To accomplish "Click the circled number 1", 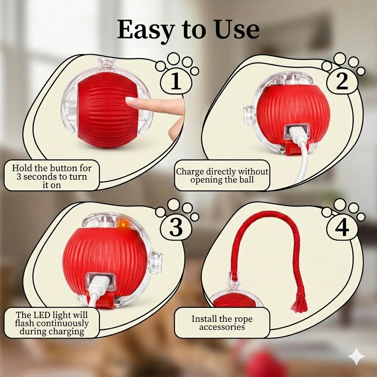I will coord(176,82).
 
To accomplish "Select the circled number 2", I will coord(342,82).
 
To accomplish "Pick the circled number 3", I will coord(176,228).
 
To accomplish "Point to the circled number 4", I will coord(342,228).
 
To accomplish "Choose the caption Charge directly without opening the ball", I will coord(222,176).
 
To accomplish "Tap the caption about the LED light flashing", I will coord(52,323).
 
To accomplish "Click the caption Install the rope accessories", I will coord(222,323).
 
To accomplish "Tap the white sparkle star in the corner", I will coord(356,356).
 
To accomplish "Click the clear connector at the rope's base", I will coord(233,281).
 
